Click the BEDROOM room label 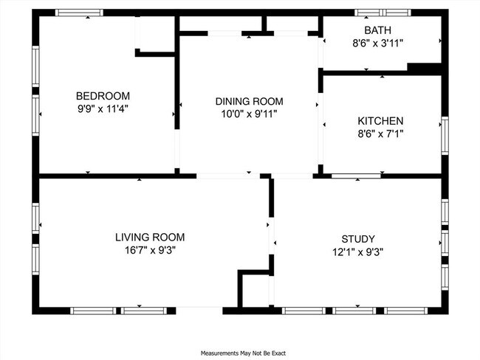pyautogui.click(x=103, y=96)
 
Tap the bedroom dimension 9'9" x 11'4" pyautogui.click(x=103, y=108)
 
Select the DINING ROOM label pyautogui.click(x=249, y=101)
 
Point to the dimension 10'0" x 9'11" pyautogui.click(x=249, y=114)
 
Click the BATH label pyautogui.click(x=382, y=30)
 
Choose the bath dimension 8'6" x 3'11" pyautogui.click(x=382, y=43)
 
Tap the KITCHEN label pyautogui.click(x=380, y=121)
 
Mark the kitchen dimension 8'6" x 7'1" pyautogui.click(x=380, y=134)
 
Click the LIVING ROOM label pyautogui.click(x=150, y=237)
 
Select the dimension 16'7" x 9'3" pyautogui.click(x=150, y=249)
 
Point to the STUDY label pyautogui.click(x=357, y=239)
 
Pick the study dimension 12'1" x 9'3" pyautogui.click(x=357, y=252)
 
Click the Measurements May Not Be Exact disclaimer pyautogui.click(x=240, y=353)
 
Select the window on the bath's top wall pyautogui.click(x=381, y=13)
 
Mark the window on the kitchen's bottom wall pyautogui.click(x=355, y=176)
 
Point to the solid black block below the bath pyautogui.click(x=424, y=69)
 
